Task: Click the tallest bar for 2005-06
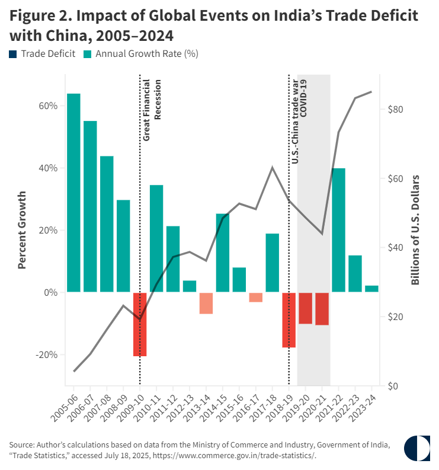tap(73, 193)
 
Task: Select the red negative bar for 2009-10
tap(140, 324)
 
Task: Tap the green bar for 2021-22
tap(338, 230)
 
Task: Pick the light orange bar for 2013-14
tap(206, 303)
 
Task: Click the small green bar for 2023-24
tap(371, 289)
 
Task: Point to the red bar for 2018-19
tap(289, 319)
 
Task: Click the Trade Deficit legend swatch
tap(13, 54)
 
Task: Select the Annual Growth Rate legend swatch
tap(87, 54)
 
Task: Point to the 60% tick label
tap(49, 106)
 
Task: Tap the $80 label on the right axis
tap(395, 110)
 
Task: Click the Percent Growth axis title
tap(22, 229)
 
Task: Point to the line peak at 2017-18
tap(273, 168)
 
